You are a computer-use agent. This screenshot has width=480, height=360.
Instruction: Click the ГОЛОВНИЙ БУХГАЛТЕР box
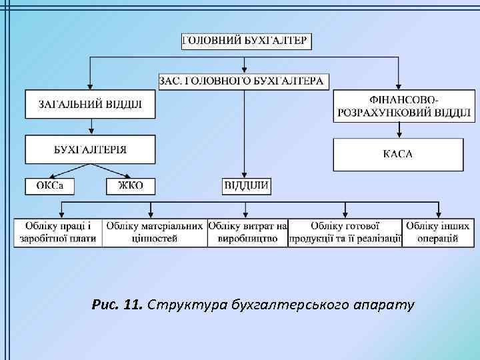pyautogui.click(x=245, y=41)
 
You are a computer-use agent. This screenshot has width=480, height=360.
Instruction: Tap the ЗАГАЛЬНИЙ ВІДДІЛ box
pyautogui.click(x=91, y=104)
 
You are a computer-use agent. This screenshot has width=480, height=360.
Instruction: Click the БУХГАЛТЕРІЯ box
pyautogui.click(x=91, y=149)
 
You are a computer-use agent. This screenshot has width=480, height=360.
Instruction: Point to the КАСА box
pyautogui.click(x=398, y=154)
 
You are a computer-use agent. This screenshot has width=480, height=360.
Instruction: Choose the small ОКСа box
pyautogui.click(x=50, y=186)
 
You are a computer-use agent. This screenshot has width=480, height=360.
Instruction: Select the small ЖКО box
pyautogui.click(x=130, y=186)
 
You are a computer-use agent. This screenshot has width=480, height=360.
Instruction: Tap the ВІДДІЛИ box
pyautogui.click(x=247, y=186)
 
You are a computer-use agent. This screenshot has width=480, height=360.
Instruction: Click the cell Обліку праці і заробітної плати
pyautogui.click(x=58, y=232)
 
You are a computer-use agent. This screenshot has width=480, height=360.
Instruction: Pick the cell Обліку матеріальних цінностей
pyautogui.click(x=155, y=232)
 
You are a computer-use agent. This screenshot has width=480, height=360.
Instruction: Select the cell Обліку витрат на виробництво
pyautogui.click(x=247, y=232)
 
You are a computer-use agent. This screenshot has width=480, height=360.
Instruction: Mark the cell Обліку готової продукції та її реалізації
pyautogui.click(x=345, y=232)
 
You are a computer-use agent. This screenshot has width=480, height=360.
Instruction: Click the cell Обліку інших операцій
pyautogui.click(x=437, y=232)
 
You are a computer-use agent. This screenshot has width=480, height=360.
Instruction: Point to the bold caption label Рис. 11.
pyautogui.click(x=117, y=305)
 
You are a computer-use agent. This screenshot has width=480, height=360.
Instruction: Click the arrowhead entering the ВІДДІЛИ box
pyautogui.click(x=245, y=175)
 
